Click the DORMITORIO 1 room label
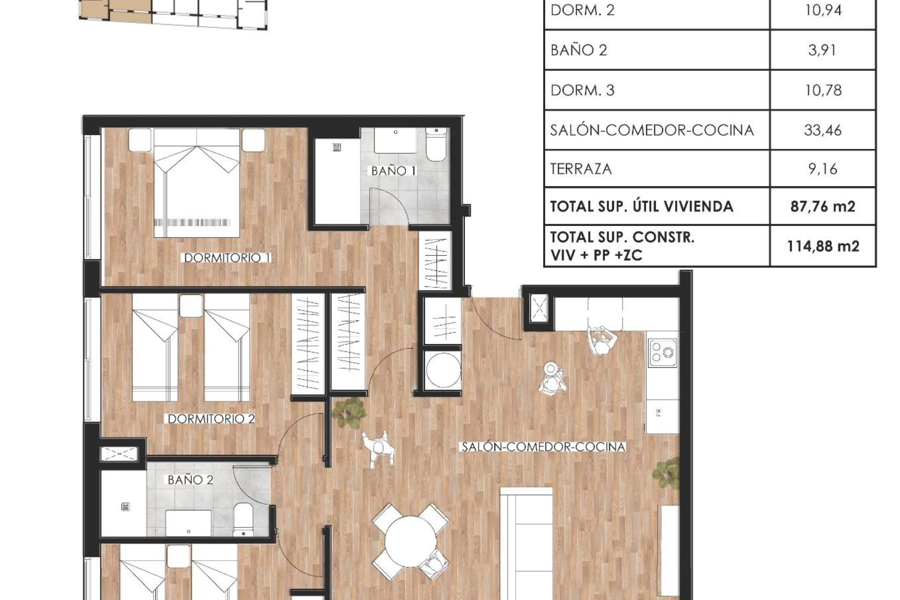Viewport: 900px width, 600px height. coord(227,257)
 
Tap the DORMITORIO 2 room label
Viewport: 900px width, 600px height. coord(211,419)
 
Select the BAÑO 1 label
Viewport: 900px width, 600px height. coord(393,171)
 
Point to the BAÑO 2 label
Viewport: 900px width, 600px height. coord(190,480)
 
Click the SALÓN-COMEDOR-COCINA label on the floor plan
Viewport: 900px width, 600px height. coord(543,447)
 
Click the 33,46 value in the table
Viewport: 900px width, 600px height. coord(823,130)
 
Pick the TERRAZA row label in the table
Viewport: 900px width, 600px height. coord(581,169)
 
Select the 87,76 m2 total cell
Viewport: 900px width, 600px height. coord(823,206)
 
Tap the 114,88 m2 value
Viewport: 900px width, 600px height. coord(823,246)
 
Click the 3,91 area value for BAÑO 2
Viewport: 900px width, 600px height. coord(822,50)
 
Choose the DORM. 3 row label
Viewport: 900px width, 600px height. coord(582,90)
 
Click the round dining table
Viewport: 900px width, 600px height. coord(411,542)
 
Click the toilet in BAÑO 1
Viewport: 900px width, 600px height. coord(436,145)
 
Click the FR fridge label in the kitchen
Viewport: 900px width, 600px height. coord(659,413)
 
